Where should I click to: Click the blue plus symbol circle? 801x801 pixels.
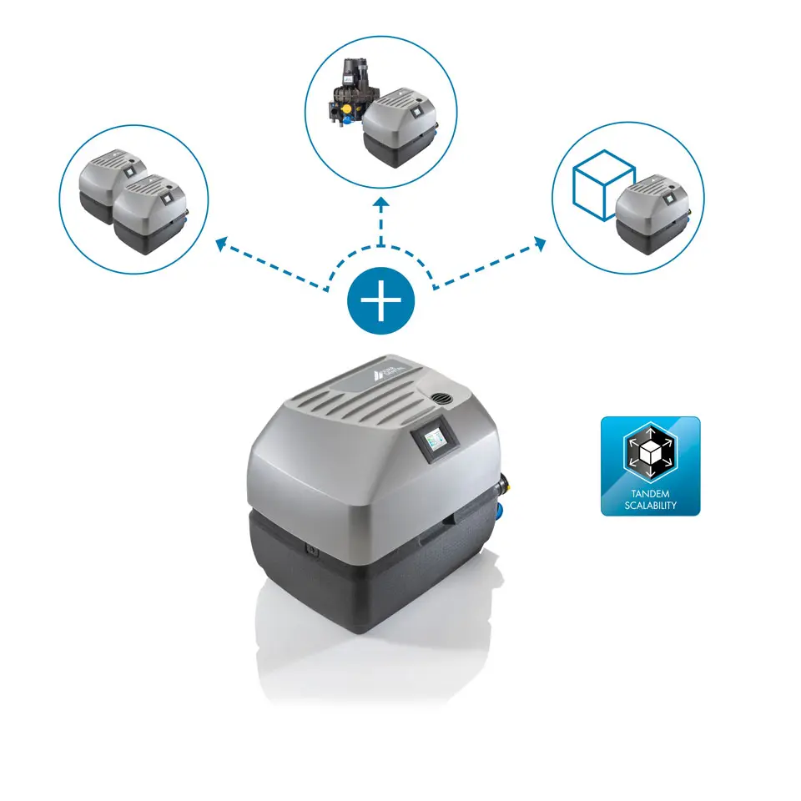tap(380, 302)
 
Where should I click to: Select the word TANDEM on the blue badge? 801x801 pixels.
tap(650, 495)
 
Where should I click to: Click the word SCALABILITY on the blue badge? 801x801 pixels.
tap(650, 506)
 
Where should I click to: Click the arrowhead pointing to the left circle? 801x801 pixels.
tap(222, 244)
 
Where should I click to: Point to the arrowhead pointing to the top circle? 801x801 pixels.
tap(381, 203)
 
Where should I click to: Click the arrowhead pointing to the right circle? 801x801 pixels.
tap(540, 244)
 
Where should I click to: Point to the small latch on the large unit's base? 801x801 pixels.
tap(311, 550)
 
